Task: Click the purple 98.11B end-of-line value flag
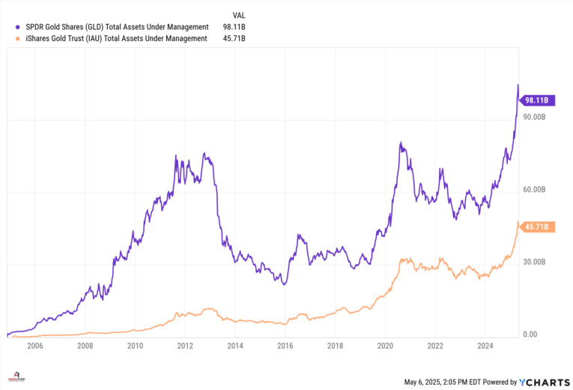pos(537,100)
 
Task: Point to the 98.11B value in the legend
pos(234,26)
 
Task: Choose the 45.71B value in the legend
pos(234,38)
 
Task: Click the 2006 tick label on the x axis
pos(35,347)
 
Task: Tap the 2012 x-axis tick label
pos(185,347)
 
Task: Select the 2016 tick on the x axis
pos(285,347)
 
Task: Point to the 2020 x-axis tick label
pos(385,347)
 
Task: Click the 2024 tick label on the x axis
pos(485,347)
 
